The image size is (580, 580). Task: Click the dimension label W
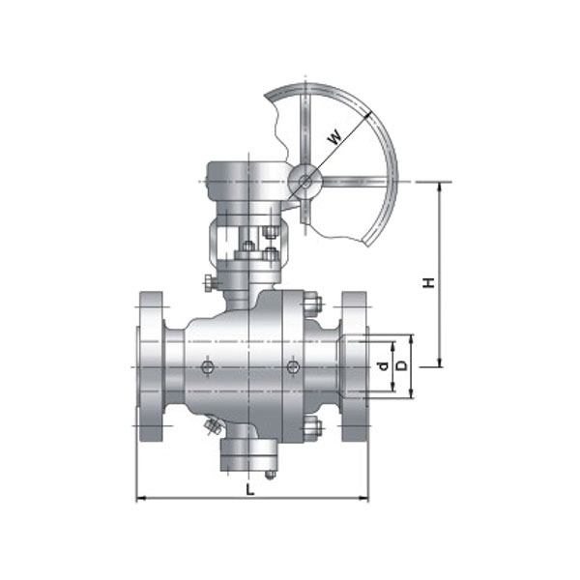(x=334, y=137)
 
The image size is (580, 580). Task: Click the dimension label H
(x=428, y=282)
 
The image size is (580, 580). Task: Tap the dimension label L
(x=250, y=490)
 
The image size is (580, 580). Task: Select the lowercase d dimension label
(x=384, y=365)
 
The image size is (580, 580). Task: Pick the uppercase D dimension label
(x=401, y=365)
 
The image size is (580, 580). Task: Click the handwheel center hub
(x=305, y=182)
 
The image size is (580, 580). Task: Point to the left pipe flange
(x=150, y=366)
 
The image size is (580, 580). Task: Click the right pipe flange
(x=355, y=366)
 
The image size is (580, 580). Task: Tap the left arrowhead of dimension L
(x=140, y=499)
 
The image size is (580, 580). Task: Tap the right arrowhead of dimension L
(x=364, y=499)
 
